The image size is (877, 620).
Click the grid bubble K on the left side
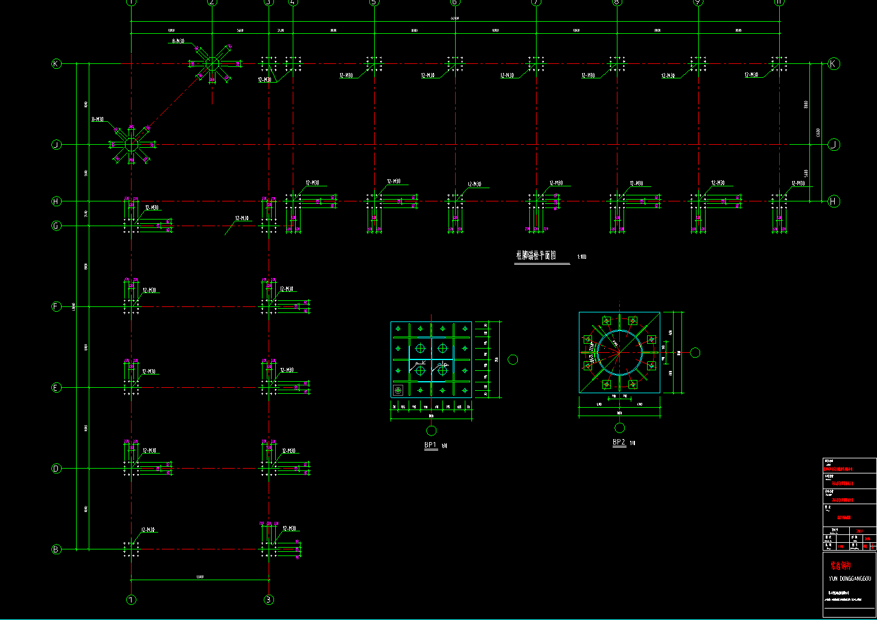click(x=56, y=63)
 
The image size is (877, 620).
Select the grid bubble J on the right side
click(x=834, y=144)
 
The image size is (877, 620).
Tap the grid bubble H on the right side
click(x=834, y=201)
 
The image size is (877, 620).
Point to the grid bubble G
click(x=56, y=226)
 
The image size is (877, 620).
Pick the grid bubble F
click(x=56, y=307)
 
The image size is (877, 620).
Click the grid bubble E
click(x=56, y=388)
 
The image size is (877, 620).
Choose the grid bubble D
click(x=56, y=469)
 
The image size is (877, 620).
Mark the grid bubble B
click(x=56, y=549)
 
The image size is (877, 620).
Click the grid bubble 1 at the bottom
click(x=131, y=599)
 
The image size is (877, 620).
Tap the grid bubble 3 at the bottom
click(x=269, y=599)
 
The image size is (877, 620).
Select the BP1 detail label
click(x=430, y=445)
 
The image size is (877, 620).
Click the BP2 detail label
click(x=619, y=442)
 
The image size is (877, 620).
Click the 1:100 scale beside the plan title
click(x=582, y=258)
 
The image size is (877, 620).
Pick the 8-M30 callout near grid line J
click(x=97, y=119)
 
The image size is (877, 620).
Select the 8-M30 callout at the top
click(x=179, y=42)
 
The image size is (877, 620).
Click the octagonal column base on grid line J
click(x=131, y=145)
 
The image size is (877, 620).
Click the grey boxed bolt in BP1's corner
click(x=398, y=390)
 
